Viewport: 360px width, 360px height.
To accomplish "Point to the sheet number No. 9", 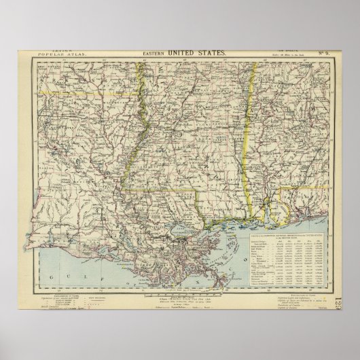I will click(321, 52).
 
